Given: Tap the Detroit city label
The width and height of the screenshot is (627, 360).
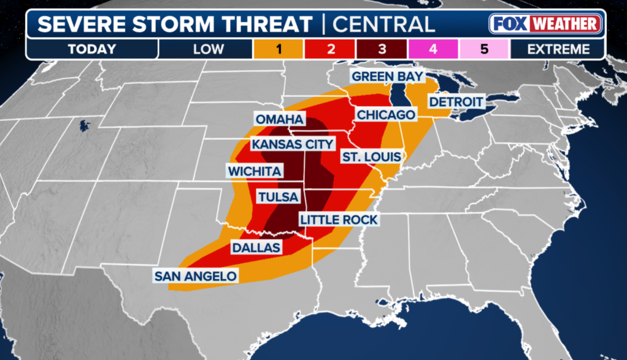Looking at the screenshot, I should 456,102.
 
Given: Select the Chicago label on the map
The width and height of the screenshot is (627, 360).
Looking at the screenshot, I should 385,115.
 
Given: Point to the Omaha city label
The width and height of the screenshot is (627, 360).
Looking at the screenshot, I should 280,119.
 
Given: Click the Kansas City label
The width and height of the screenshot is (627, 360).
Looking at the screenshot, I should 293,144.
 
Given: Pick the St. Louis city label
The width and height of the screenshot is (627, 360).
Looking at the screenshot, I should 372,157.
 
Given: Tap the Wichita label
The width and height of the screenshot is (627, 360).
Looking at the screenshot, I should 254,171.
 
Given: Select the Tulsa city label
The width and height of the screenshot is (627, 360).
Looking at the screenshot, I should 278,197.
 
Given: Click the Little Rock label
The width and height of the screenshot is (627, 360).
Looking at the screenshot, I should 338,219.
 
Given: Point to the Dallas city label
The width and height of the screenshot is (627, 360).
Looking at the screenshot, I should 256,248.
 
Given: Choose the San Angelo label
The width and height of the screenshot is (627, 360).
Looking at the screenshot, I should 195,276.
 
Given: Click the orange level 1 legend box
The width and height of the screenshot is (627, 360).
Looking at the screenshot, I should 279,49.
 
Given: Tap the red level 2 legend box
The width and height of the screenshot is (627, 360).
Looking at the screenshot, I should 331,49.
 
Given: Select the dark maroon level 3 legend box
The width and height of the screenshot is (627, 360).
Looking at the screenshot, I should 382,49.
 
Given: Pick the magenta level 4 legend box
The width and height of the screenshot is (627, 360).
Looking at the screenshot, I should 433,49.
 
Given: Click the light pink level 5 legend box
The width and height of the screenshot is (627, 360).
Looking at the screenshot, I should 484,49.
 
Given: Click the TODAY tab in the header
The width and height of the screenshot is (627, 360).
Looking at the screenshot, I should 92,49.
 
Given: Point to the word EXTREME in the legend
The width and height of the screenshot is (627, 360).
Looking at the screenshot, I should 558,49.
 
